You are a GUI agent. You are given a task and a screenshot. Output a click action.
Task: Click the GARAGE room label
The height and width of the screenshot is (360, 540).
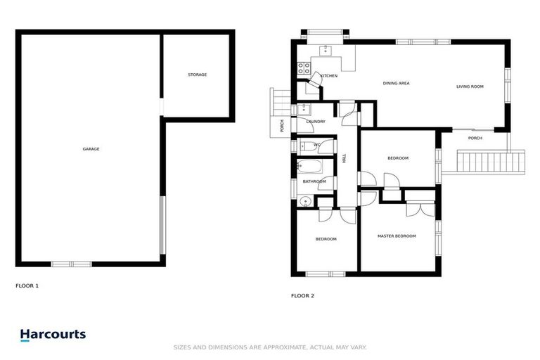point(91,149)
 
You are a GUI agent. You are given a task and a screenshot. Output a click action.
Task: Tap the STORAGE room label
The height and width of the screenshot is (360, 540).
point(197,75)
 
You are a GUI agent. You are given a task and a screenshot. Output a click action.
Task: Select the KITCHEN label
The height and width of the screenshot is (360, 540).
point(329,76)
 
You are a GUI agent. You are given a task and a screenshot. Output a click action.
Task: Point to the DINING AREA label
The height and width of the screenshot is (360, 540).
point(396,83)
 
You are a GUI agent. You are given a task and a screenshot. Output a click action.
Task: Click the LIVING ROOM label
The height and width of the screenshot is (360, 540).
point(470,86)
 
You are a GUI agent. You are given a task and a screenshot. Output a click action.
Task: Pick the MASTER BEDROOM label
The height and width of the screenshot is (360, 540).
point(397,236)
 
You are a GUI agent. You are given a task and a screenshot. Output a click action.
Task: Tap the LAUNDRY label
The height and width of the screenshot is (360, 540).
point(316,122)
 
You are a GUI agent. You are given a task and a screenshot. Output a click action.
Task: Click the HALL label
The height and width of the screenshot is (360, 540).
point(345,159)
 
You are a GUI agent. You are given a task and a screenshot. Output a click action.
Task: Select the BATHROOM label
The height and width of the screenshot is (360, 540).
point(314,181)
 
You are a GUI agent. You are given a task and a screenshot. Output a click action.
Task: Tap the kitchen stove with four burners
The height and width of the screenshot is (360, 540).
point(304,68)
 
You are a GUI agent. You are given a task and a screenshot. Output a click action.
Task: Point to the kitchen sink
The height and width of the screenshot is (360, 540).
point(325,49)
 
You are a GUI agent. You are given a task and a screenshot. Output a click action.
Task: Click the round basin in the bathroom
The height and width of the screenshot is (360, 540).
point(303,202)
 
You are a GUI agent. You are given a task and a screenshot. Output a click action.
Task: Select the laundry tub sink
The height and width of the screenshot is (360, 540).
point(303,109)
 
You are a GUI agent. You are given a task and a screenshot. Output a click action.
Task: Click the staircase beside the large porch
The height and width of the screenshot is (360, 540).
point(491,164)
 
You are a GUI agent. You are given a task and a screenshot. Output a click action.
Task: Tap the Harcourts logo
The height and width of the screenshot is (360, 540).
point(53,335)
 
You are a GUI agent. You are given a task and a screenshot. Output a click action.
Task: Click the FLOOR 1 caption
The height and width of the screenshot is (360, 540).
point(27,286)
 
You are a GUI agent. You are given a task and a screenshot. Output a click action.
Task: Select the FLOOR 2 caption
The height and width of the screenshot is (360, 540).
point(302,295)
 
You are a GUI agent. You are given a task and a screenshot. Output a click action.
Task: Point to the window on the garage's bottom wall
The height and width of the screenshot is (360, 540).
point(71,264)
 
